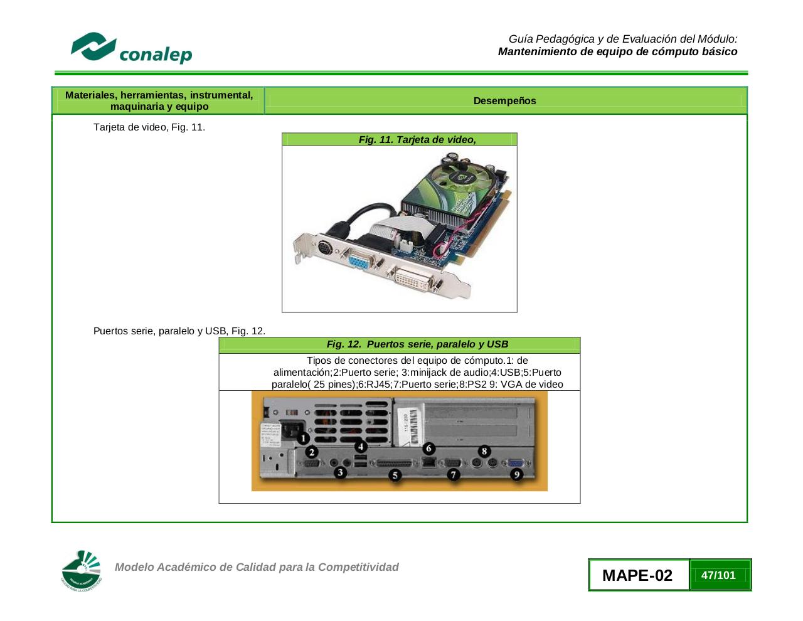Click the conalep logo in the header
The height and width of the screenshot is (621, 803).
[131, 49]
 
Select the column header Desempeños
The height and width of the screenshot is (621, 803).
[504, 101]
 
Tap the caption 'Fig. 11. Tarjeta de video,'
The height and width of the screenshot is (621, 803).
[417, 140]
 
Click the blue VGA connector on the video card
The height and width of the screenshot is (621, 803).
[359, 260]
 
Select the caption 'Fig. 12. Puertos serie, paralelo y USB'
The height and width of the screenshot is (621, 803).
[417, 344]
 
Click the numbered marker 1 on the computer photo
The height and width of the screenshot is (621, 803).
[302, 438]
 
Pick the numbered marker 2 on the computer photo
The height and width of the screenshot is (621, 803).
[311, 452]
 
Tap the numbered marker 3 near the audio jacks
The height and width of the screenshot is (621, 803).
[340, 472]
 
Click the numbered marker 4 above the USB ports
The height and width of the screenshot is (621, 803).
[361, 447]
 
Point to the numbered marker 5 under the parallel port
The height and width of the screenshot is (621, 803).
[395, 475]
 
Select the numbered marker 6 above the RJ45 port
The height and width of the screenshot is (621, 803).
[428, 448]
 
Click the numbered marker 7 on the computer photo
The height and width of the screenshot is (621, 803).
[453, 475]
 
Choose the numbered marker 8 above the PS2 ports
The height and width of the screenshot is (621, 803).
[484, 451]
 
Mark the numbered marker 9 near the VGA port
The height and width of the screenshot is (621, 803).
[516, 474]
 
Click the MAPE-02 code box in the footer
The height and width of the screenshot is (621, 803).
[637, 575]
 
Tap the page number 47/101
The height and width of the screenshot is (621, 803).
[718, 575]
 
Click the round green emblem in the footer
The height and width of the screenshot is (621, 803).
[81, 571]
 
